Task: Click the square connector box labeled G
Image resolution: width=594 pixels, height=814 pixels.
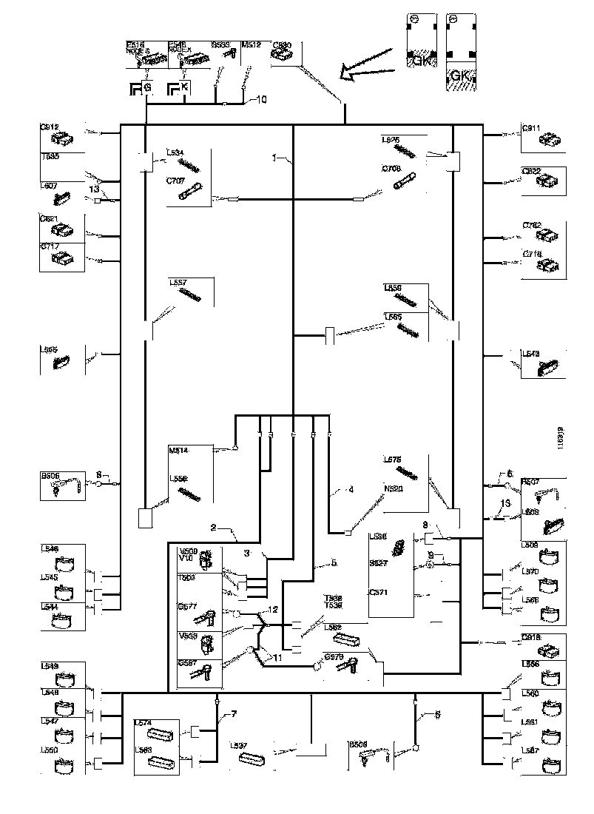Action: pyautogui.click(x=147, y=88)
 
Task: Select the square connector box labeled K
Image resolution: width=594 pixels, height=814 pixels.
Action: pyautogui.click(x=185, y=88)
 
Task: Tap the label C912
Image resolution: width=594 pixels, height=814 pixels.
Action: pyautogui.click(x=49, y=127)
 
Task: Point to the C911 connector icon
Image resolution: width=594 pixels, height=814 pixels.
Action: pyautogui.click(x=551, y=138)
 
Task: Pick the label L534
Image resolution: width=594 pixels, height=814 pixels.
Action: pyautogui.click(x=176, y=153)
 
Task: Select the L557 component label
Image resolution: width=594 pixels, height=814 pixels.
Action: pyautogui.click(x=178, y=282)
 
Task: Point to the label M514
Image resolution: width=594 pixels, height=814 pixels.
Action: pyautogui.click(x=178, y=449)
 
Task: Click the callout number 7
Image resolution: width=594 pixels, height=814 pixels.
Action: pyautogui.click(x=234, y=714)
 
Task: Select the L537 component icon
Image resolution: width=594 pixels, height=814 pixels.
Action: pyautogui.click(x=254, y=758)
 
